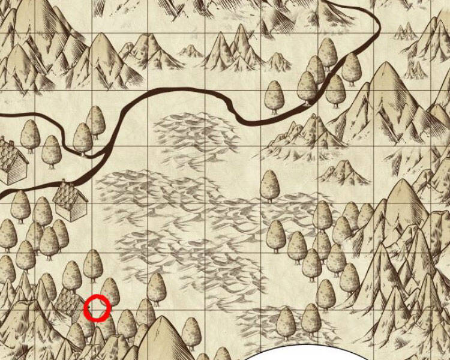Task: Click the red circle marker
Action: tap(97, 308)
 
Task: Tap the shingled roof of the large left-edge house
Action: tap(12, 153)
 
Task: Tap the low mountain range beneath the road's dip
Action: tap(300, 135)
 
